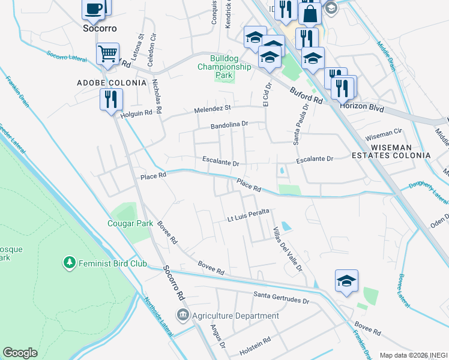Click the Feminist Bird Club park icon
(70, 263)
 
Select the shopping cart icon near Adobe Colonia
(107, 53)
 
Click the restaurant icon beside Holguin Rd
(111, 98)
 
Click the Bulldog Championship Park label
(224, 67)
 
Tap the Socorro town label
(99, 28)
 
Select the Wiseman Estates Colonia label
(400, 151)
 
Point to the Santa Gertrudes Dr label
(281, 295)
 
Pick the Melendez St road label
(212, 108)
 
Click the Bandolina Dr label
(229, 125)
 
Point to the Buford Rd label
(306, 94)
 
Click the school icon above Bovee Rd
(346, 281)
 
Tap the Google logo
(20, 353)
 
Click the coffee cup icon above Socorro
(94, 8)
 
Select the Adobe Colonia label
(111, 82)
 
